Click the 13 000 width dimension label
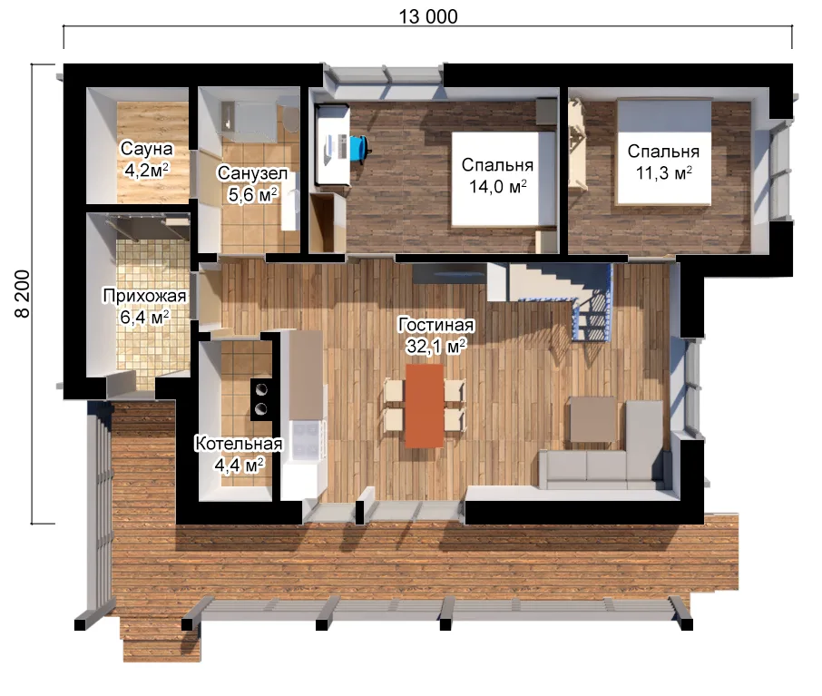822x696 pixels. click(x=428, y=16)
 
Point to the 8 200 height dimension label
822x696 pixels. click(x=23, y=294)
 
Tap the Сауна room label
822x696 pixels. click(x=147, y=149)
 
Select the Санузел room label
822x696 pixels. click(x=253, y=173)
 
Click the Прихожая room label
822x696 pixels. click(x=144, y=296)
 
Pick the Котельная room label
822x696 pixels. click(x=239, y=444)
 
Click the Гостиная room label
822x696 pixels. click(x=436, y=325)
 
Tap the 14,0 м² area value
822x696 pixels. click(x=497, y=186)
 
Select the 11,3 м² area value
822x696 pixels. click(x=664, y=172)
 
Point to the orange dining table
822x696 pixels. click(x=425, y=406)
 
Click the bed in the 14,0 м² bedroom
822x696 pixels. click(x=504, y=180)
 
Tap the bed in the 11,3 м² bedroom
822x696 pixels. click(x=664, y=152)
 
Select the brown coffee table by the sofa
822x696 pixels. click(x=593, y=419)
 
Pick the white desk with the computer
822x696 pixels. click(x=332, y=144)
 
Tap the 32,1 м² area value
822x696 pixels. click(x=436, y=346)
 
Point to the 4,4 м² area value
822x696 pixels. click(x=239, y=466)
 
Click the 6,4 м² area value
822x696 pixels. click(x=144, y=318)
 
